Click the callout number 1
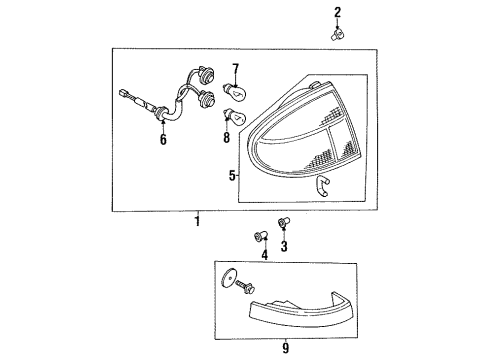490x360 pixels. coord(198,221)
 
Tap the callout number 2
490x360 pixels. coord(338,13)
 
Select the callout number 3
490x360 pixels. coord(284,246)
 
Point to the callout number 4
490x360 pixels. coord(264,255)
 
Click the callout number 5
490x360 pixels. coord(232,175)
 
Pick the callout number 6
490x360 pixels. coord(163,139)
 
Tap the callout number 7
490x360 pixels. coord(236,69)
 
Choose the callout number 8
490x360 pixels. coord(227,137)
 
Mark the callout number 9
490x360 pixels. coord(286,348)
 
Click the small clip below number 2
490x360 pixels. coord(337,35)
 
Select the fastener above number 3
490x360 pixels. coord(284,222)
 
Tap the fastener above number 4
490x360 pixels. coord(261,236)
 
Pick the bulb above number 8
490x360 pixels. coord(234,116)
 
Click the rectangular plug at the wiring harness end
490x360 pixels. coord(123,93)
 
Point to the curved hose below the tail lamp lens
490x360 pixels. coord(322,186)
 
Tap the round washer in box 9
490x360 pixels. coord(228,278)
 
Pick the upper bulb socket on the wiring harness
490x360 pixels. coord(206,75)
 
